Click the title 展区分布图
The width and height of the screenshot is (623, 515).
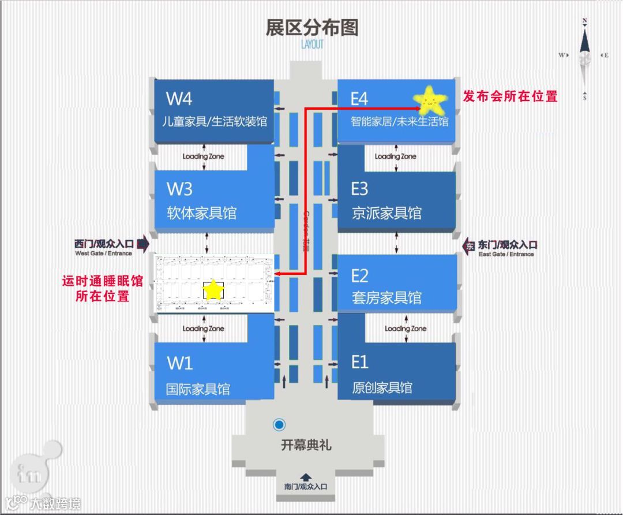pyautogui.click(x=311, y=27)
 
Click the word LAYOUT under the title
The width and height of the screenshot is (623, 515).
pyautogui.click(x=311, y=44)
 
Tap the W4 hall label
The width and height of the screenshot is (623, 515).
pyautogui.click(x=179, y=99)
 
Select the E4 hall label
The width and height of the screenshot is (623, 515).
pyautogui.click(x=359, y=99)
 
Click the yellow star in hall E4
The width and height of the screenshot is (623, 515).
pyautogui.click(x=431, y=100)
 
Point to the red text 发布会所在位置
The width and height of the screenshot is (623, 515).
pyautogui.click(x=511, y=96)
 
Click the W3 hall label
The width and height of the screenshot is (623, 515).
pyautogui.click(x=179, y=189)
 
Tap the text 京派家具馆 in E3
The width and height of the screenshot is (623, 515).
pyautogui.click(x=386, y=213)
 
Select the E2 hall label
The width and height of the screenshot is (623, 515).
pyautogui.click(x=359, y=275)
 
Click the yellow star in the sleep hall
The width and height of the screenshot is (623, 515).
pyautogui.click(x=213, y=290)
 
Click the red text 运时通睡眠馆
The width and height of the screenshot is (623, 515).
pyautogui.click(x=102, y=282)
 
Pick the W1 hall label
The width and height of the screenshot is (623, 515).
pyautogui.click(x=179, y=363)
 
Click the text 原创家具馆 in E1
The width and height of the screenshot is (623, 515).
pyautogui.click(x=382, y=387)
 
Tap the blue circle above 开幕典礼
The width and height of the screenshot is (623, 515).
pyautogui.click(x=279, y=426)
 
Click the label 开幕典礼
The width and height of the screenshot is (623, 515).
pyautogui.click(x=306, y=445)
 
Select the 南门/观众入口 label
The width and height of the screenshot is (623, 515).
pyautogui.click(x=306, y=486)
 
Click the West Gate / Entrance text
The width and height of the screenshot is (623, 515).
pyautogui.click(x=103, y=253)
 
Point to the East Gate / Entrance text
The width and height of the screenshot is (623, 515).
pyautogui.click(x=506, y=254)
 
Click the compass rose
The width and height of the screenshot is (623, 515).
pyautogui.click(x=585, y=56)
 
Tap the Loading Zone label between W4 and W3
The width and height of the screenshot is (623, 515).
pyautogui.click(x=203, y=156)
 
